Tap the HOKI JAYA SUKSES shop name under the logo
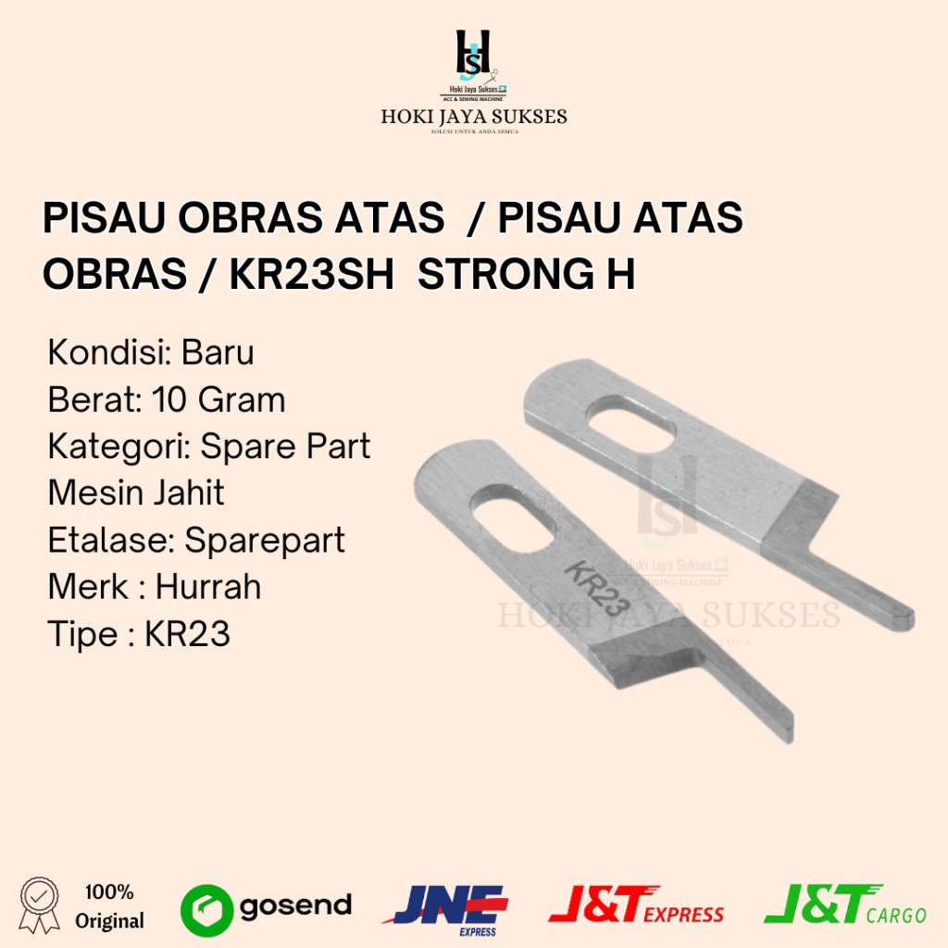click(473, 118)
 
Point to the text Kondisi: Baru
click(151, 353)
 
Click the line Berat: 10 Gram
click(167, 400)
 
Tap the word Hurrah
click(208, 587)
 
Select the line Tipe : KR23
click(139, 635)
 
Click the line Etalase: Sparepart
click(196, 540)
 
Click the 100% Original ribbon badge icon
click(39, 905)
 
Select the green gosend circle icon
click(206, 906)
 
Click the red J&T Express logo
click(636, 904)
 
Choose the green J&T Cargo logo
click(844, 904)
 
